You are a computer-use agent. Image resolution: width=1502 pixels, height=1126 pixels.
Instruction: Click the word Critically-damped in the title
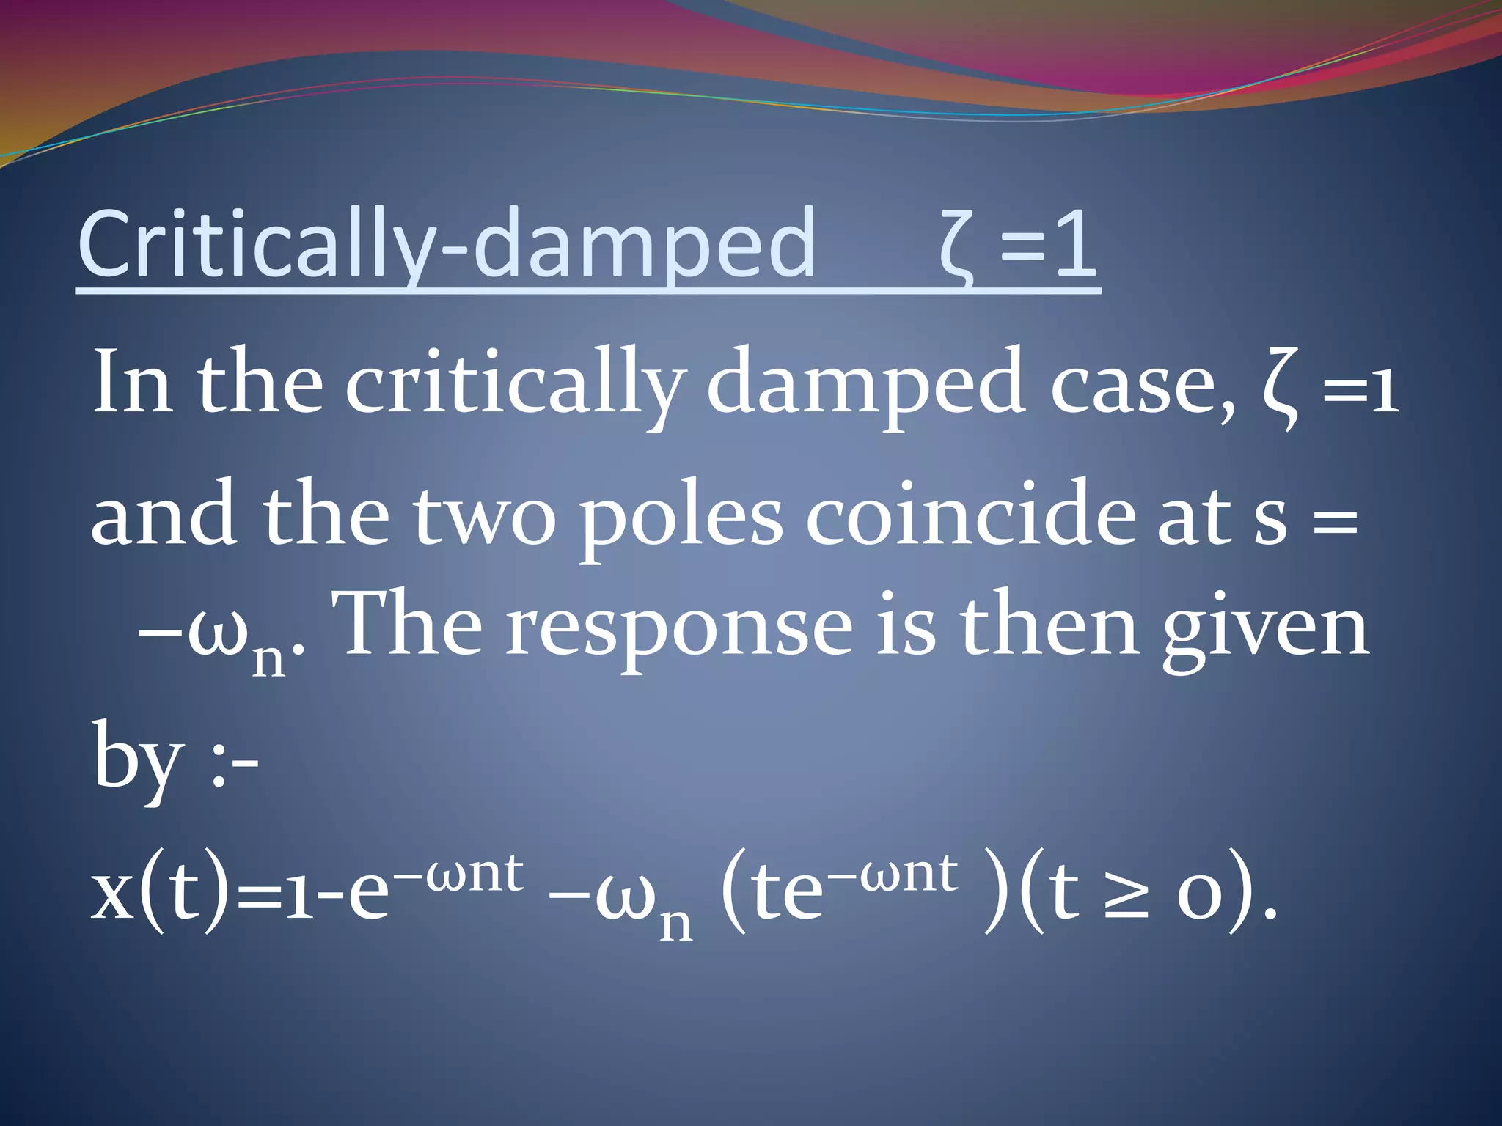pos(446,244)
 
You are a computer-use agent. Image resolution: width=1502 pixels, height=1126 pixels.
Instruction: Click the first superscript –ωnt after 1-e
pos(466,872)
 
